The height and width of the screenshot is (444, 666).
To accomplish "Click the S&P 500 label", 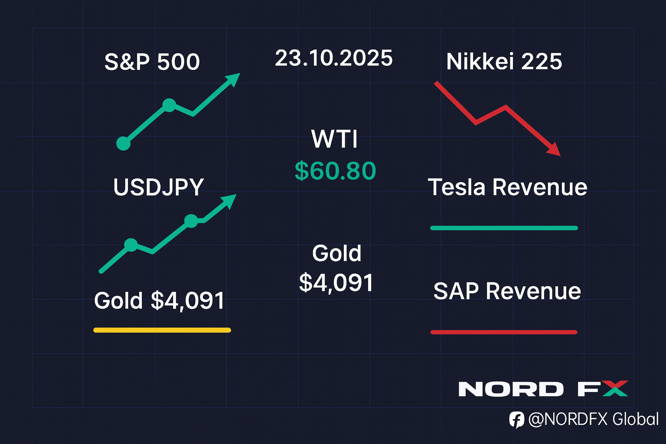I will (152, 62).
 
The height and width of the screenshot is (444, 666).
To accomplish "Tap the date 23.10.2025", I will (333, 58).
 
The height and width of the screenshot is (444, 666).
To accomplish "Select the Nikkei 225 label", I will (504, 62).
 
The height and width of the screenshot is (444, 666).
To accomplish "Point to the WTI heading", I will (334, 139).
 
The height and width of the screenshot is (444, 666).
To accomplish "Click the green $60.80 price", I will (335, 171).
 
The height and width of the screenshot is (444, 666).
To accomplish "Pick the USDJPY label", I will (158, 187).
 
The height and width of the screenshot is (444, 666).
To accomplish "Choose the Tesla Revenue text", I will (507, 187).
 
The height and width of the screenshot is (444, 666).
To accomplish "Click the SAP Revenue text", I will (507, 291).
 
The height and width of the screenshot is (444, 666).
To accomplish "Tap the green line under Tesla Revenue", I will (504, 228).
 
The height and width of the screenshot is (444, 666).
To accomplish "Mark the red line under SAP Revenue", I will (504, 332).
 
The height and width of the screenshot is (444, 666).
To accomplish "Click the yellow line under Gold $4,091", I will (162, 330).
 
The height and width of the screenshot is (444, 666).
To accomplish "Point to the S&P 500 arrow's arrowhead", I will (233, 79).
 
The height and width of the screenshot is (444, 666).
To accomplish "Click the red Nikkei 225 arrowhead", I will (554, 150).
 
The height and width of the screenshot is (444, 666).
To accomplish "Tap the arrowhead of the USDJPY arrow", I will (229, 200).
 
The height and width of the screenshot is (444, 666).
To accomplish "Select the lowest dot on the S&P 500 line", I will (124, 143).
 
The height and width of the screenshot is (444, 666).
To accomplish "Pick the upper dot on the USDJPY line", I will (191, 221).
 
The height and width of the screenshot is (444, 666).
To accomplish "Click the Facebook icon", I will (516, 420).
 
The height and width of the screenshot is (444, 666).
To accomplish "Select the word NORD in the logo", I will (511, 389).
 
